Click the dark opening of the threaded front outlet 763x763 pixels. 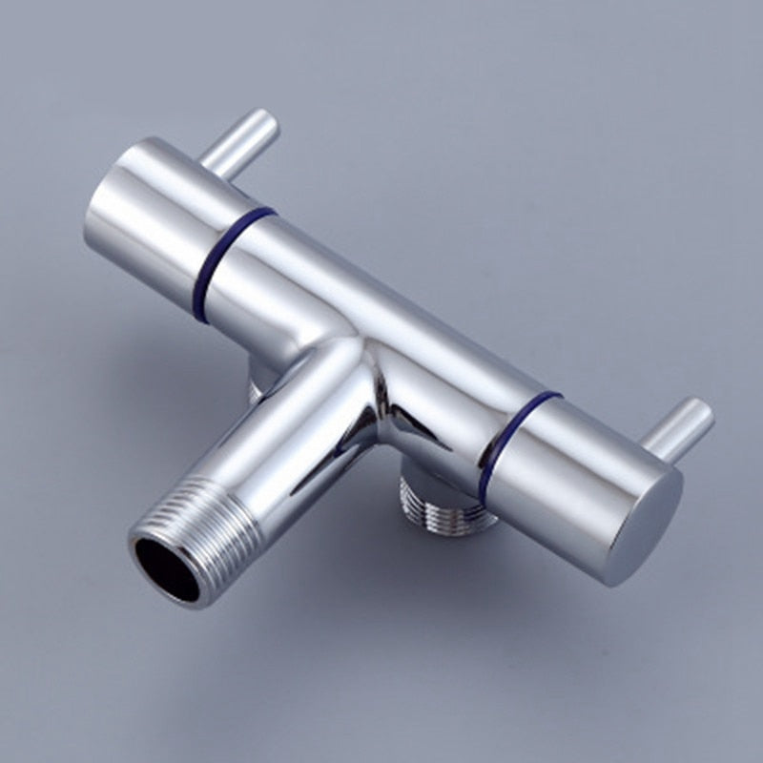coord(163,569)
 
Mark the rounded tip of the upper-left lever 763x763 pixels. coord(266,122)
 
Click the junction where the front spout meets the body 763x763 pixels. coord(358,367)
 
